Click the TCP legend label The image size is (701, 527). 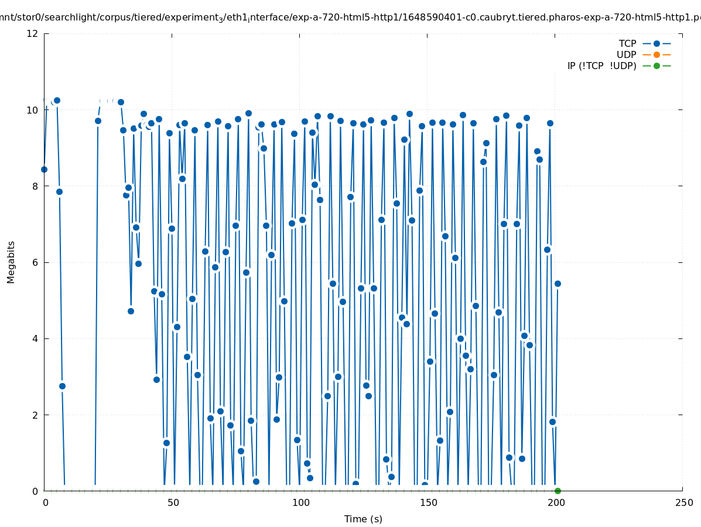pos(627,44)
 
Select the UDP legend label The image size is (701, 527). pos(626,55)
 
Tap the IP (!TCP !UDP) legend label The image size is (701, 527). pos(601,66)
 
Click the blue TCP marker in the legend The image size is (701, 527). pos(656,44)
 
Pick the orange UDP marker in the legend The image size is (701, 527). pos(656,55)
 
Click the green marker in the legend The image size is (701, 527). pos(656,66)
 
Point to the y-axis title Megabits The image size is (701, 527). pos(11,262)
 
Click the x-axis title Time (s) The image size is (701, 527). pos(363,519)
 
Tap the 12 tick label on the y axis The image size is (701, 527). pos(33,33)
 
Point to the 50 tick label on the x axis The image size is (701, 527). pos(173,503)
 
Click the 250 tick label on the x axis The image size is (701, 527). pos(683,503)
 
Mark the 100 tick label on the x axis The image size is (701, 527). pos(300,503)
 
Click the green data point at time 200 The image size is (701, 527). pos(558,491)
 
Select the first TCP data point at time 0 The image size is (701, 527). pos(44,169)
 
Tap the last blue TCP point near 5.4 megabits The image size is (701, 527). pos(558,283)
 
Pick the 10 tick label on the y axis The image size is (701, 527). pos(33,110)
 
